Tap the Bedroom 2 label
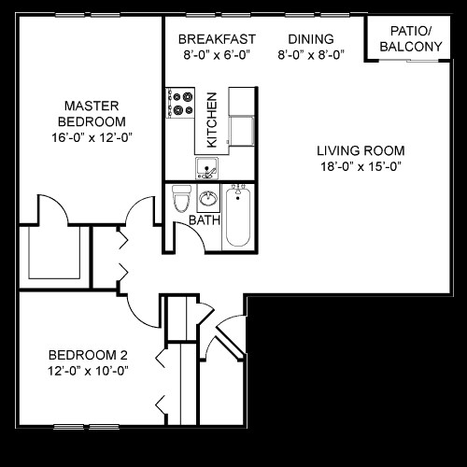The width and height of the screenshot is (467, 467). [x=88, y=354]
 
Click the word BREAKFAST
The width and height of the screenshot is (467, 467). [x=218, y=39]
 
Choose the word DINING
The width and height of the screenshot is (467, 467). [x=311, y=39]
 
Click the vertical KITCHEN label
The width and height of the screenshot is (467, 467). [x=212, y=120]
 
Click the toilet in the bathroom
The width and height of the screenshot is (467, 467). [x=181, y=198]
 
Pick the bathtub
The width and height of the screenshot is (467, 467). [x=237, y=216]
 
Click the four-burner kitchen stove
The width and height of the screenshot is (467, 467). [x=179, y=102]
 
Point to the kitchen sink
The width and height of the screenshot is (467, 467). [x=205, y=168]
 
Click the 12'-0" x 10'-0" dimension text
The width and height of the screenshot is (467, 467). [x=88, y=371]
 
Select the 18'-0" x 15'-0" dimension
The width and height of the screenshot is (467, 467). [x=360, y=168]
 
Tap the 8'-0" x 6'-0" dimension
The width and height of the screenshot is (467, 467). [x=218, y=54]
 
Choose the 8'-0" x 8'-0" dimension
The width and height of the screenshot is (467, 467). [x=311, y=54]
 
